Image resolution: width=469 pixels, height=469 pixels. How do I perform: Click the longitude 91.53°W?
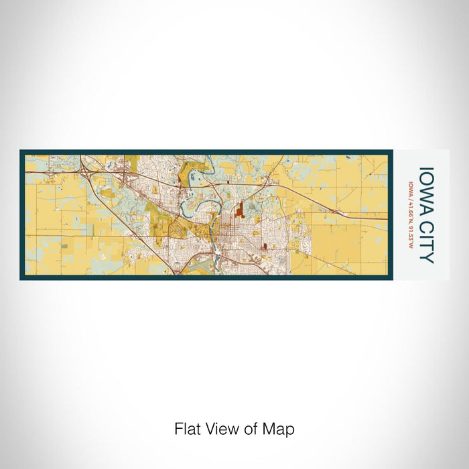coord(410,237)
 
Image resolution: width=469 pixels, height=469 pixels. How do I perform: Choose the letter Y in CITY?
coord(427,257)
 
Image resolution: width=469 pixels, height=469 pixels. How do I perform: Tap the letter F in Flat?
coord(178,429)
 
